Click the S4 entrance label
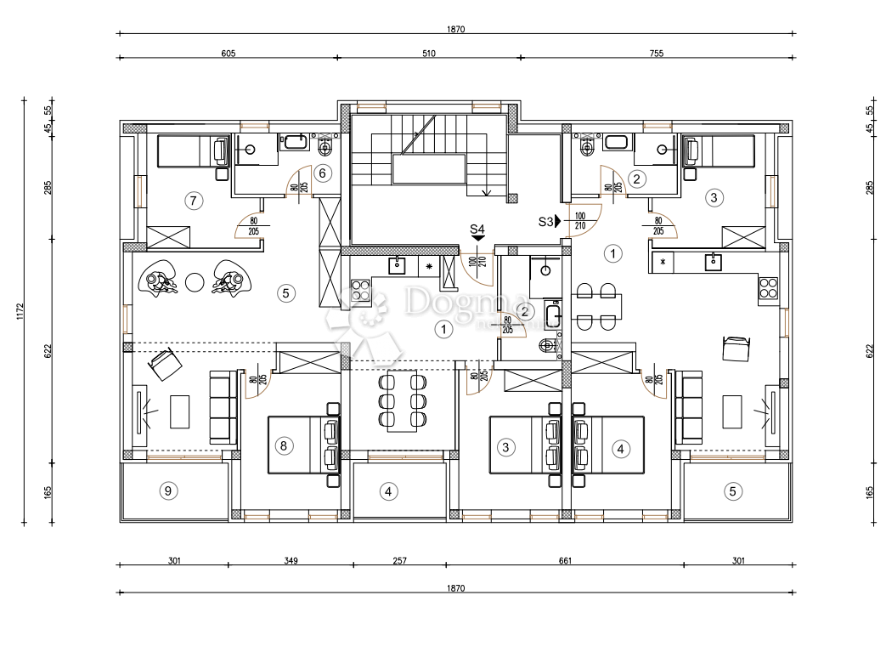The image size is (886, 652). pos(477,229)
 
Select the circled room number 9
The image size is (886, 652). pos(168,490)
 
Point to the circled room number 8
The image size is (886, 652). pos(284,445)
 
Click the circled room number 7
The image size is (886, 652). pos(193,201)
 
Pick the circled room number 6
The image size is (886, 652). pos(321,173)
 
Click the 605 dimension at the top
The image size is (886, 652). pos(228,53)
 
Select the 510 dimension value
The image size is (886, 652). pos(428,53)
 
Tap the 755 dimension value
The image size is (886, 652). pos(656,53)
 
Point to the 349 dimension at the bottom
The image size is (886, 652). pos(290,560)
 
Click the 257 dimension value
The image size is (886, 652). pos(399,560)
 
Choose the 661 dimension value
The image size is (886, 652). pos(565,560)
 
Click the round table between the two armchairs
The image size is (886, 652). pos(195,281)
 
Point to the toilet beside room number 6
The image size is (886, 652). pos(324,146)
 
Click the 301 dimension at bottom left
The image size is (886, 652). pos(173,560)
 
